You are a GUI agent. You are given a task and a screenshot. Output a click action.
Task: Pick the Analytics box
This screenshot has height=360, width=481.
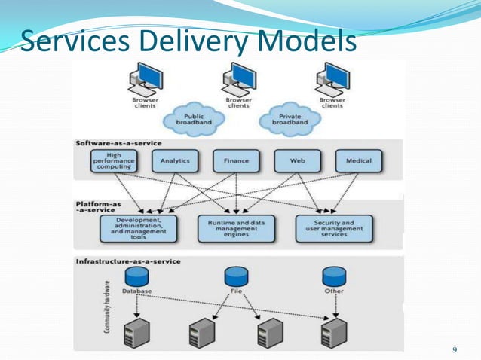tap(175, 160)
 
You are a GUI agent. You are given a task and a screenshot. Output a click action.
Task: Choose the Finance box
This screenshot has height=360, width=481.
tap(236, 160)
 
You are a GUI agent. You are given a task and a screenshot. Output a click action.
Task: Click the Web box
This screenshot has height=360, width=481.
tap(298, 160)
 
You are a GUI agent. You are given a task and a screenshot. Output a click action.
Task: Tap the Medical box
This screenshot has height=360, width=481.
tap(358, 160)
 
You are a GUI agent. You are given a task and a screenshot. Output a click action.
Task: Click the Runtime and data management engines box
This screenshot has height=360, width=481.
tap(237, 228)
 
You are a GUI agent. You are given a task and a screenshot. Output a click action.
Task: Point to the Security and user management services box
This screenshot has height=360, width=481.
tap(335, 228)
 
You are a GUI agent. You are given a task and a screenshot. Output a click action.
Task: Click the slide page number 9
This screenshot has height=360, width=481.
tap(454, 350)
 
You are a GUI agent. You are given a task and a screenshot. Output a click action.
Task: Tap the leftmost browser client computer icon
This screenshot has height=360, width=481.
tap(145, 79)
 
